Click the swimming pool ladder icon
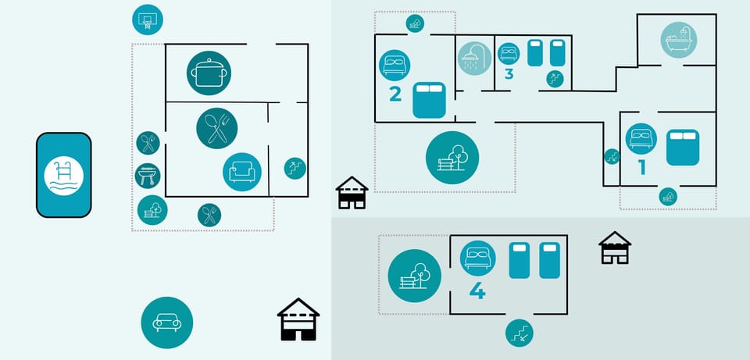63,175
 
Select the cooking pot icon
209,73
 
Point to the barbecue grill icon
148,175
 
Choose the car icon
166,323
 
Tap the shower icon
474,59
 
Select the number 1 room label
642,166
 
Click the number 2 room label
395,94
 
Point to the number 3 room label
509,74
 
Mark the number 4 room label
477,291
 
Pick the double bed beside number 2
428,99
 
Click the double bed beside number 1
682,148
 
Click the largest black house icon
298,319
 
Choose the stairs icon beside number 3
555,78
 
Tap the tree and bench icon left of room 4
414,276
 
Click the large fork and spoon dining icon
216,128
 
